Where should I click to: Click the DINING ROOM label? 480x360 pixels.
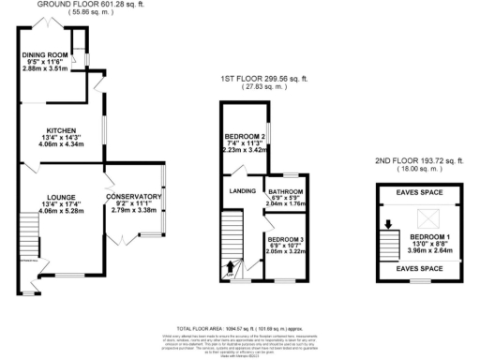[46, 55]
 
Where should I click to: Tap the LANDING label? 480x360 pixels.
[241, 191]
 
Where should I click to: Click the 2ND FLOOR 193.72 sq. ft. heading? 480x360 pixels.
[420, 162]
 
